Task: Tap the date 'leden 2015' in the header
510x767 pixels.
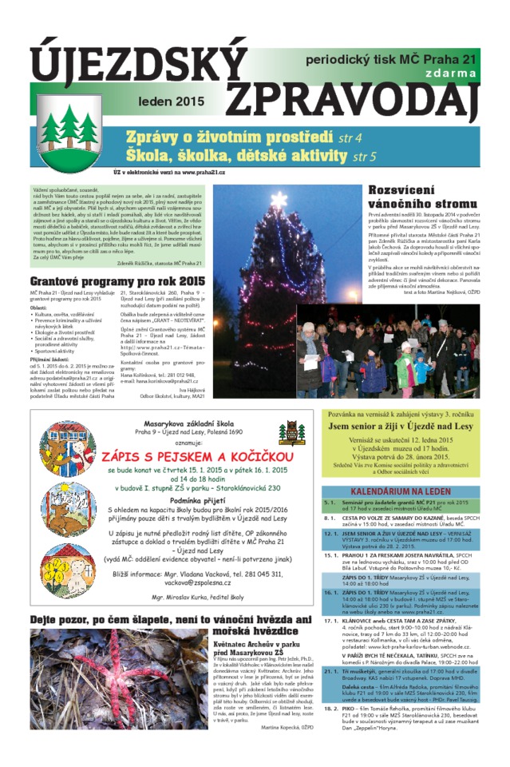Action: click(171, 102)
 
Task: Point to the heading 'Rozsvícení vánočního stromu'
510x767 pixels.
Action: click(422, 197)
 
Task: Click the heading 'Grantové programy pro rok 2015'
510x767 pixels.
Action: click(117, 281)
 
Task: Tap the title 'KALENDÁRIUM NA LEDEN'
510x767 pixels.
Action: click(401, 491)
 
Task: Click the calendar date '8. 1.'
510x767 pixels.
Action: click(331, 518)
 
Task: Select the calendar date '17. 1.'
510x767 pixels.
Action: click(332, 620)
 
